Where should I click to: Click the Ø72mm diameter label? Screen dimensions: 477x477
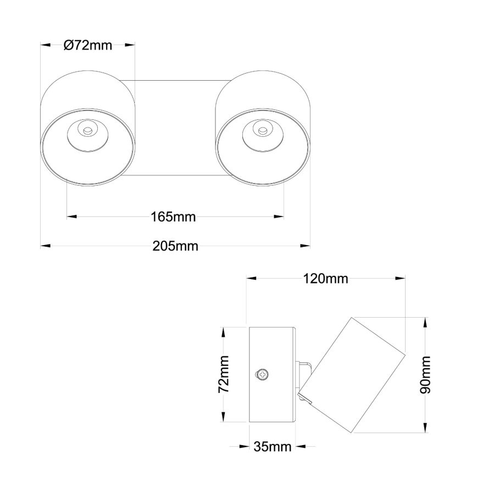(88, 46)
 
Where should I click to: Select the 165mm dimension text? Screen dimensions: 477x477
(173, 217)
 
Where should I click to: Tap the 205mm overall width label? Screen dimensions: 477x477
(175, 246)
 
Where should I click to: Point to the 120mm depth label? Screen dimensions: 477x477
(326, 278)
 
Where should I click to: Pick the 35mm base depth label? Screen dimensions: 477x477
(272, 446)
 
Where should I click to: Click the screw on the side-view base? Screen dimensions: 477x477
(263, 375)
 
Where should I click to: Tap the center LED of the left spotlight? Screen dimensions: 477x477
(86, 131)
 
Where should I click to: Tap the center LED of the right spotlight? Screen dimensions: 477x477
(263, 131)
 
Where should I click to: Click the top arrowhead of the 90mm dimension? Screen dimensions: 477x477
(426, 322)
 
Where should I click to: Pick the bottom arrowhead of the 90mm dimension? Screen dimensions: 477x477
(426, 429)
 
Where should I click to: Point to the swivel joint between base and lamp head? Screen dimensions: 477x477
(305, 379)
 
